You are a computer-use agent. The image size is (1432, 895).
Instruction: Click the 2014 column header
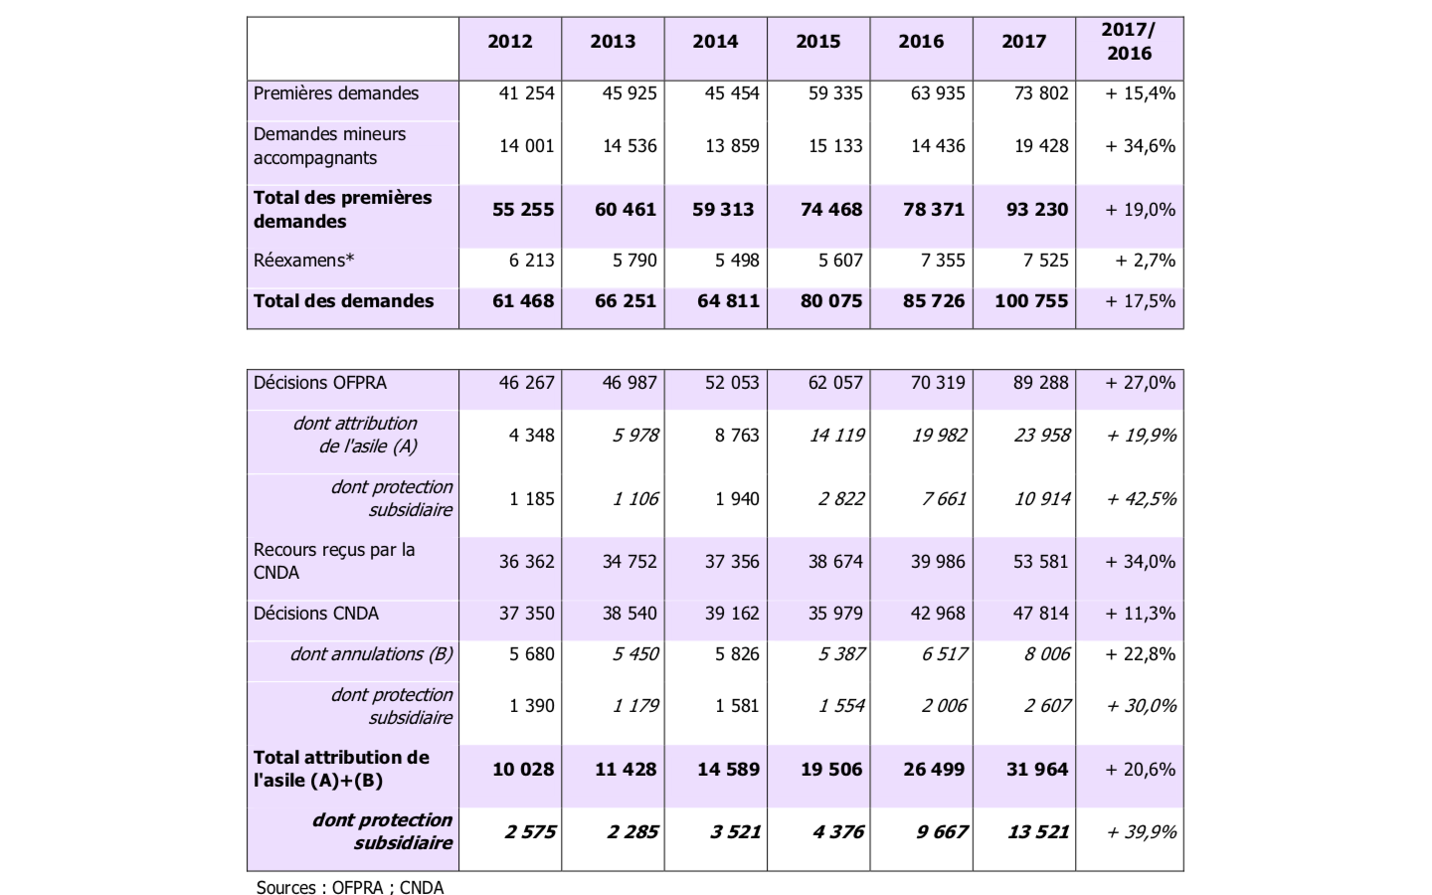pyautogui.click(x=715, y=42)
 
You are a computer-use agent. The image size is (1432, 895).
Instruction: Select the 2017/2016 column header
pyautogui.click(x=1129, y=42)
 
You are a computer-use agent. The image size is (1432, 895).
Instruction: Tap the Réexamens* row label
pyautogui.click(x=304, y=261)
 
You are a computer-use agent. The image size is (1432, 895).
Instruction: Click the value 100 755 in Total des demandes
pyautogui.click(x=1031, y=301)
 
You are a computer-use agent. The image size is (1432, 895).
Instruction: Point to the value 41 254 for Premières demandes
pyautogui.click(x=526, y=93)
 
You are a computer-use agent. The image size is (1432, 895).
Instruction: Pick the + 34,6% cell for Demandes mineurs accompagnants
pyautogui.click(x=1140, y=146)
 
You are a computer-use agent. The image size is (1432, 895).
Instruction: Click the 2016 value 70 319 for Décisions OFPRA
pyautogui.click(x=938, y=383)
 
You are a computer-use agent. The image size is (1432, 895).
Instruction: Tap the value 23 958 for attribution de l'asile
pyautogui.click(x=1041, y=435)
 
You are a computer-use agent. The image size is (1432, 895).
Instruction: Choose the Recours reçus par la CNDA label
pyautogui.click(x=334, y=561)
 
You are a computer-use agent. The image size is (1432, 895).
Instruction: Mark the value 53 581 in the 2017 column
pyautogui.click(x=1040, y=562)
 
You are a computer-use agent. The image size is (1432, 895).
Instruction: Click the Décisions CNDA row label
pyautogui.click(x=316, y=614)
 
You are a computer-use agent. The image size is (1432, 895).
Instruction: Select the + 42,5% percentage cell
pyautogui.click(x=1141, y=498)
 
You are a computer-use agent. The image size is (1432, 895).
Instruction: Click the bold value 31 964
pyautogui.click(x=1037, y=770)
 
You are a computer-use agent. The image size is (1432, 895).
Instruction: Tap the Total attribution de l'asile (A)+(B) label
pyautogui.click(x=341, y=769)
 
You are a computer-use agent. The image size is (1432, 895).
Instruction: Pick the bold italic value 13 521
pyautogui.click(x=1037, y=832)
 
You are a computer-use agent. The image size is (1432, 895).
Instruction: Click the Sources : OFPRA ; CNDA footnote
pyautogui.click(x=350, y=886)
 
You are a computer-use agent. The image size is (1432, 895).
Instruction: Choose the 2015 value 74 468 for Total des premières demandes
pyautogui.click(x=831, y=210)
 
